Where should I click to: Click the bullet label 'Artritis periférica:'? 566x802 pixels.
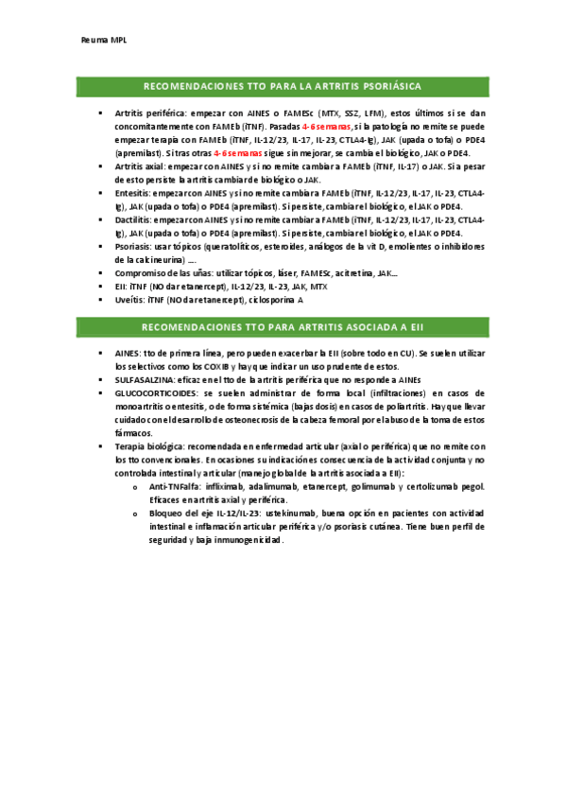click(149, 113)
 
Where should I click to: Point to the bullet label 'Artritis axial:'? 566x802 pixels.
click(142, 166)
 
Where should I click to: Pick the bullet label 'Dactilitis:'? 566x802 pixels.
click(135, 219)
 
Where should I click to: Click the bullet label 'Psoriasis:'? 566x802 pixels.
click(135, 246)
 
